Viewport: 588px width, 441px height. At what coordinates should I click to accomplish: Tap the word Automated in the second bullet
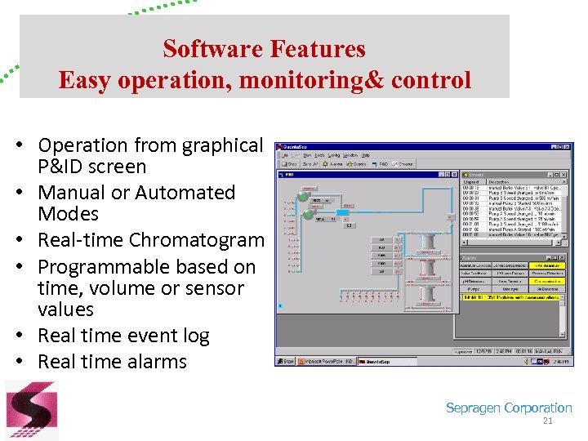(x=185, y=193)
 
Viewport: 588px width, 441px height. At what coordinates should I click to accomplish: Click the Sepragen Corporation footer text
(x=509, y=408)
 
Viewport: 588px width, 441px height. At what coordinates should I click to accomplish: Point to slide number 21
(x=548, y=422)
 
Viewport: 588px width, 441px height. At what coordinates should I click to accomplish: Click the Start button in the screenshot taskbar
(x=287, y=360)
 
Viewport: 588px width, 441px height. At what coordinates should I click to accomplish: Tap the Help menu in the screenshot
(x=366, y=154)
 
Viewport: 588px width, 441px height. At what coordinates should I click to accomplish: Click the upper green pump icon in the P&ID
(x=303, y=197)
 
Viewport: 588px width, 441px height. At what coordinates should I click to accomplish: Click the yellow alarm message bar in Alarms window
(x=510, y=298)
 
